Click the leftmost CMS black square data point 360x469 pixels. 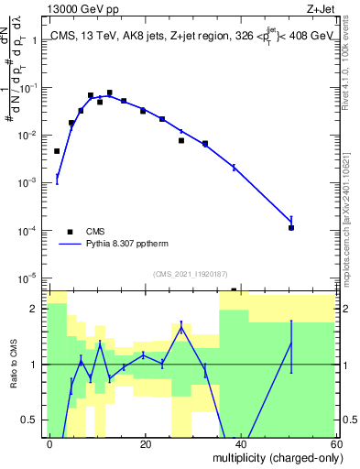pyautogui.click(x=57, y=151)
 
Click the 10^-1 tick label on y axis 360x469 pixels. pyautogui.click(x=28, y=88)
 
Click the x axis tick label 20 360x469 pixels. pyautogui.click(x=145, y=443)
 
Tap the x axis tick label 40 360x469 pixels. pyautogui.click(x=240, y=443)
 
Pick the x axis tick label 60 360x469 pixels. pyautogui.click(x=334, y=443)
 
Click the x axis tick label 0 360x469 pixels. pyautogui.click(x=49, y=443)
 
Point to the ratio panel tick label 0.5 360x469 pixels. pyautogui.click(x=32, y=420)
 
